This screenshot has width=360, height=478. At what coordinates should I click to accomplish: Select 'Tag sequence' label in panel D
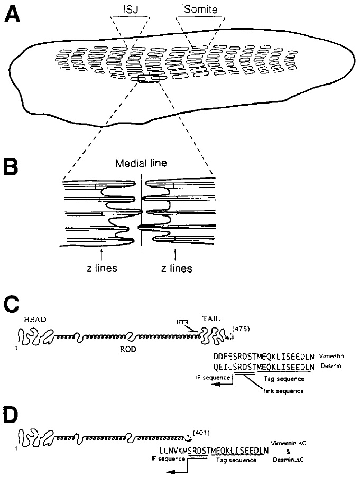point(236,461)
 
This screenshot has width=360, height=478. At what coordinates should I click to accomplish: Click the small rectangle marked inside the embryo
point(148,79)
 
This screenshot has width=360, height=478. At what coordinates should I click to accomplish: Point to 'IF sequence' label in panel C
point(213,378)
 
